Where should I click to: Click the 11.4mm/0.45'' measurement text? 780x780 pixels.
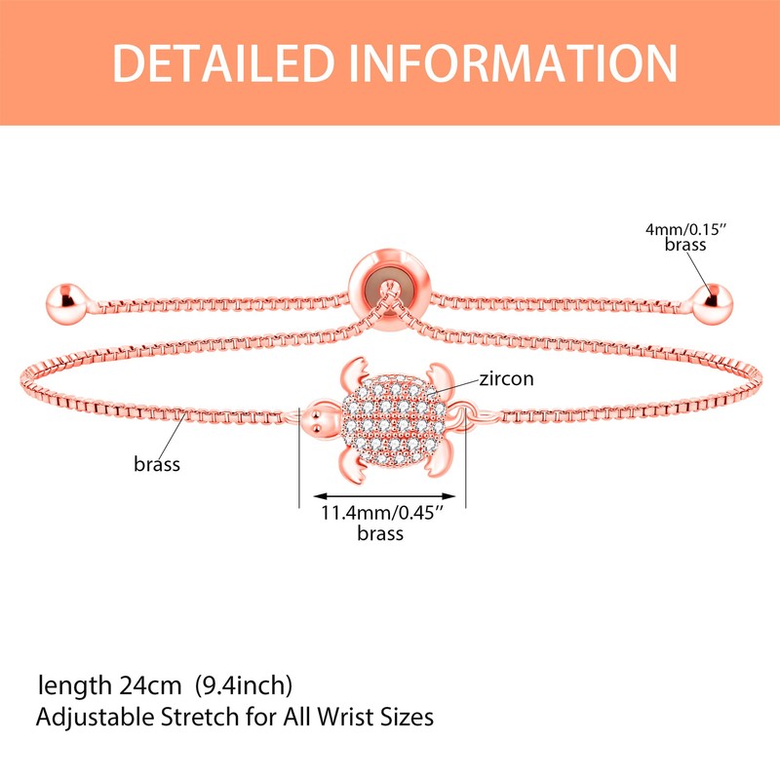[379, 514]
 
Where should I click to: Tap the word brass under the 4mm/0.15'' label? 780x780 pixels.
[684, 246]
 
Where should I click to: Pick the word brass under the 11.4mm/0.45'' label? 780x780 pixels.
[379, 533]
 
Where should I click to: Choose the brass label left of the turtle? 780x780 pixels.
[157, 464]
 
